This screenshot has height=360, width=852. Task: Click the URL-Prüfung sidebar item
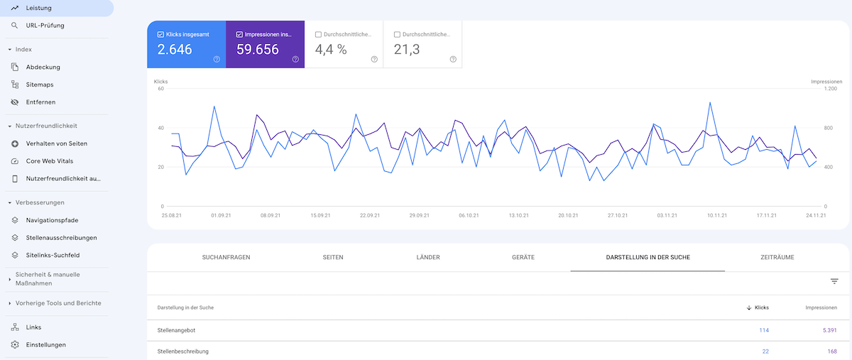(45, 26)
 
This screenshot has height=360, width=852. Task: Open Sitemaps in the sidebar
(39, 84)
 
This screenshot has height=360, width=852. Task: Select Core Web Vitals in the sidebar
(49, 160)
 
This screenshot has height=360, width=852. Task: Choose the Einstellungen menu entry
(45, 344)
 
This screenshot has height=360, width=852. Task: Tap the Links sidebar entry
(33, 327)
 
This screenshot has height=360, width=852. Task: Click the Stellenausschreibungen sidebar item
(61, 237)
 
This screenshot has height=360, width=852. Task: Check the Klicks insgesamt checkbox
(161, 34)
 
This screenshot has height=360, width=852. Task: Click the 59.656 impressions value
(258, 50)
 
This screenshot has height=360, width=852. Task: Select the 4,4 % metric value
(331, 50)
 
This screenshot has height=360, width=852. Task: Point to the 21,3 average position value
(406, 50)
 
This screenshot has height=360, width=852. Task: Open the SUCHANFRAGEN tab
(226, 257)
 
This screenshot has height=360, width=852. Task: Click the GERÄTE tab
(523, 257)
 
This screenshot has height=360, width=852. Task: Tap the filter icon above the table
(834, 282)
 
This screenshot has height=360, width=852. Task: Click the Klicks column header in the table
(761, 307)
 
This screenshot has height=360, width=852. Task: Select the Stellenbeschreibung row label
(183, 351)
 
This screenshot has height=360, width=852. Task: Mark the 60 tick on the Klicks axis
(160, 89)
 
